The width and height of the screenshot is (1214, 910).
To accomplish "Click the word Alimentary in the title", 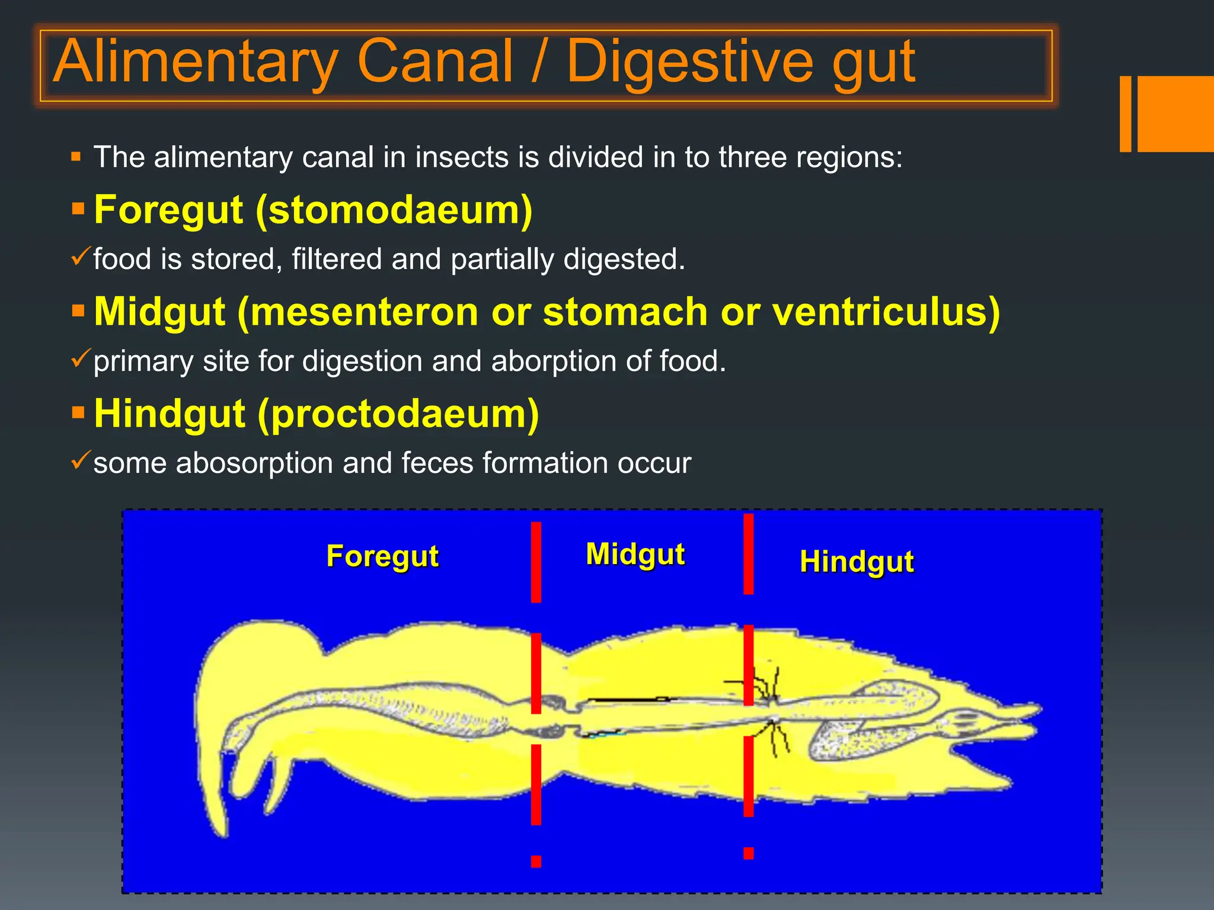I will [196, 62].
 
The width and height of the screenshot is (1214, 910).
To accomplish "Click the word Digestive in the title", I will [690, 62].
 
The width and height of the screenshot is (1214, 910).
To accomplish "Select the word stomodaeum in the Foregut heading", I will [394, 210].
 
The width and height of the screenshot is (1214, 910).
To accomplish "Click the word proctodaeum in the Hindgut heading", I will [398, 414].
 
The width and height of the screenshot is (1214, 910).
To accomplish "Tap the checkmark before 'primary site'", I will [80, 358].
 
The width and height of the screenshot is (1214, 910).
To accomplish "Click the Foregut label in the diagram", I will [382, 556].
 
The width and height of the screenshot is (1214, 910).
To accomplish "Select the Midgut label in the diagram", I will [635, 555].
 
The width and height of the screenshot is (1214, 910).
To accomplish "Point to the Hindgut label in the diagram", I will [857, 562].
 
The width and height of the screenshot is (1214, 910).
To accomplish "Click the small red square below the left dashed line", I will [536, 861].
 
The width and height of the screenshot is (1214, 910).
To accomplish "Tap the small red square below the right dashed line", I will [749, 853].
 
